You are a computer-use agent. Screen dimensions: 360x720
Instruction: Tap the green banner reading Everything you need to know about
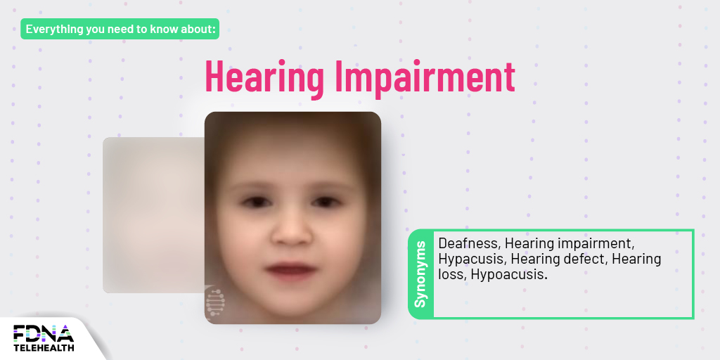click(120, 29)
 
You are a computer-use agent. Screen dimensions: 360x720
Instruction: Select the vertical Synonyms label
click(420, 274)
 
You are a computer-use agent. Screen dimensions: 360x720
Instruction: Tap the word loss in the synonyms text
click(451, 274)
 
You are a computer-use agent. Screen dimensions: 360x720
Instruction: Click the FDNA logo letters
click(43, 333)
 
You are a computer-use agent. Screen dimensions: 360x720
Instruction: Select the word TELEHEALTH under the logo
click(44, 347)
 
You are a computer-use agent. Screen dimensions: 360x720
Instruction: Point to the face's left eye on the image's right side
click(323, 202)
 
